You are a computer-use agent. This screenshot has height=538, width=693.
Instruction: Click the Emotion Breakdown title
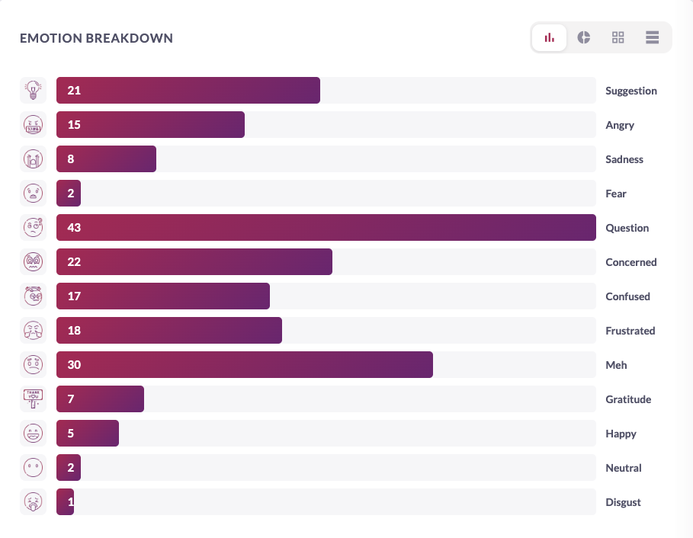96,38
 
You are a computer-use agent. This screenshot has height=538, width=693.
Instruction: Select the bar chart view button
549,37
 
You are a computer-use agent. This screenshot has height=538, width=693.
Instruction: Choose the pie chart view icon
584,37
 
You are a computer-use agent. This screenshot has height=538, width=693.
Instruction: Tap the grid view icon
618,37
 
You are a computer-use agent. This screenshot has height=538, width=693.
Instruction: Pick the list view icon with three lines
652,37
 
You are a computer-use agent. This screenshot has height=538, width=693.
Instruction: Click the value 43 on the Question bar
74,228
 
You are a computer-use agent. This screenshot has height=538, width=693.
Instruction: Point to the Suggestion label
630,91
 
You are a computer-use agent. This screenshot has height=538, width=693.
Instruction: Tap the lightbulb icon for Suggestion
33,91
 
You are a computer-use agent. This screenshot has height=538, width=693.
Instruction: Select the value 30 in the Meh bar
74,365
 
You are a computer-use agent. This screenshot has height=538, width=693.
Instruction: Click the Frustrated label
630,331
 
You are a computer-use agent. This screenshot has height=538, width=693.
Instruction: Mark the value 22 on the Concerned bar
74,262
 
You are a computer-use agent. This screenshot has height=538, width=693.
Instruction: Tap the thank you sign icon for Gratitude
33,399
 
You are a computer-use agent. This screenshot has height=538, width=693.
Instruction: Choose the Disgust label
623,502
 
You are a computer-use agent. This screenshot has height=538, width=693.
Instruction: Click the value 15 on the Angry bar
74,125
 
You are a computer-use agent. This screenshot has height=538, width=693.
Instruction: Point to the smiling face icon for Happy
33,434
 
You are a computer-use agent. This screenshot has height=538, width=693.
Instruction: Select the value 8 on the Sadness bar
71,159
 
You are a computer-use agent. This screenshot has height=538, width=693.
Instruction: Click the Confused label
627,296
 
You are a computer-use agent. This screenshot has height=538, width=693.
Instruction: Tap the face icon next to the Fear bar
33,194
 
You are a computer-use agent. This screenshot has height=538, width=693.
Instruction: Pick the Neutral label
623,468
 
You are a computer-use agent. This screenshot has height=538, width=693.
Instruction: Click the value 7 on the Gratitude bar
71,399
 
